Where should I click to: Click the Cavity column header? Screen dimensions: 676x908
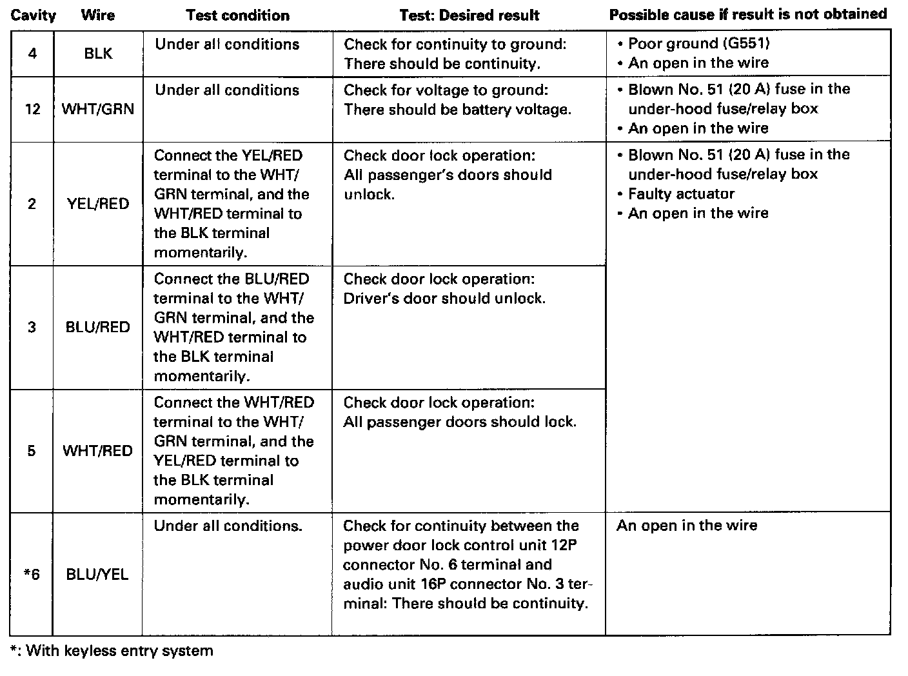tap(33, 15)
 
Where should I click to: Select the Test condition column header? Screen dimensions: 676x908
tap(237, 15)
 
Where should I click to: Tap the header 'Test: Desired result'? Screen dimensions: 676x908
tap(469, 15)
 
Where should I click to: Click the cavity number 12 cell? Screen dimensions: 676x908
tap(32, 109)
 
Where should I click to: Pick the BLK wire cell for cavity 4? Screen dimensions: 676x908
tap(98, 54)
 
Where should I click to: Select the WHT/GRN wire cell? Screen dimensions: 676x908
tap(98, 109)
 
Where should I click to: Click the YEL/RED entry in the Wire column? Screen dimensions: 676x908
tap(98, 204)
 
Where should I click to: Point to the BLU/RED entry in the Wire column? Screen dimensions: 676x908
tap(98, 327)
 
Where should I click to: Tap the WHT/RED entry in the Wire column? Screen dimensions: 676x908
tap(98, 451)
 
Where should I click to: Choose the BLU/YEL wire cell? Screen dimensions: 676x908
tap(97, 574)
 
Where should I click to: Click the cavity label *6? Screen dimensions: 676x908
tap(32, 574)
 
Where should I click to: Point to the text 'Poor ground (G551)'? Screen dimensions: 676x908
tap(699, 43)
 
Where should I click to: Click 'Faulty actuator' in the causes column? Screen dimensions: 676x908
tap(681, 194)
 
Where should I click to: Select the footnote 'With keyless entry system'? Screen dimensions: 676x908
tap(119, 650)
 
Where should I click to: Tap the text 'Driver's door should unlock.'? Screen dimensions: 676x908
tap(444, 299)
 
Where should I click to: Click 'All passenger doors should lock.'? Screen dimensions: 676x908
tap(460, 422)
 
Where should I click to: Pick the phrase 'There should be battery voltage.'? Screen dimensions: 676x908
tap(457, 110)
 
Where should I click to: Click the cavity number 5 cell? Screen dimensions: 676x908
tap(32, 451)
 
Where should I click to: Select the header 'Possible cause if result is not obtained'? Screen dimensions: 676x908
tap(748, 14)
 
